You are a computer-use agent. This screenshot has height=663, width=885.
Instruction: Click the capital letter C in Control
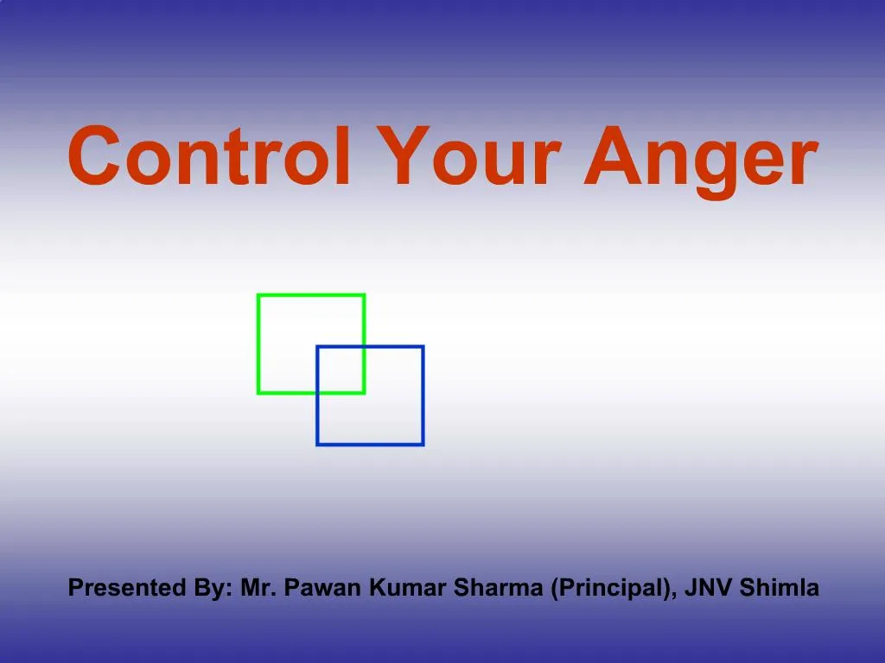coord(95,158)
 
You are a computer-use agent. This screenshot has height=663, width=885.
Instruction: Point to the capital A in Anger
coord(608,156)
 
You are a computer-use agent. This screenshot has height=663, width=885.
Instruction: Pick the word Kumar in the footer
coord(404,590)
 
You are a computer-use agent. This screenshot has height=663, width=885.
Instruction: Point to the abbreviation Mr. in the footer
coord(257,590)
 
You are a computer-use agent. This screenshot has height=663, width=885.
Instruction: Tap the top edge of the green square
coord(311,295)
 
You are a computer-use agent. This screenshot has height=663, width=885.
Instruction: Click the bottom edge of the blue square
coord(370,444)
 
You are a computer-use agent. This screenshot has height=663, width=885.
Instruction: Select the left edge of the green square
coord(258,344)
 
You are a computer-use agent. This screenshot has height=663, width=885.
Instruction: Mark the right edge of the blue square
coord(423,395)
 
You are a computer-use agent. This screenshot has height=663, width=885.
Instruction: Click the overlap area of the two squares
coord(341,369)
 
